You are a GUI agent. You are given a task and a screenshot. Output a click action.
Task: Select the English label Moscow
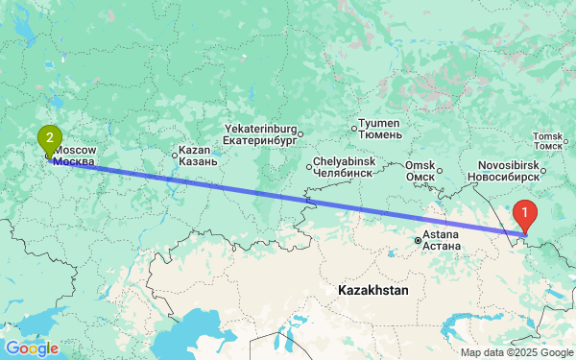[75, 151]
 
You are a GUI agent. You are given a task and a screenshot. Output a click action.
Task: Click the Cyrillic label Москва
[74, 162]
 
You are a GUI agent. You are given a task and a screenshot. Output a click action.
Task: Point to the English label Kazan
[194, 151]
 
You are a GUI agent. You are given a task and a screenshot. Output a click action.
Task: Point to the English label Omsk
[420, 165]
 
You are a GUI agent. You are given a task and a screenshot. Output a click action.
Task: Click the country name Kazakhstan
[373, 289]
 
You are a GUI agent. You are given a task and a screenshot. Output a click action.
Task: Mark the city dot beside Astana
[417, 240]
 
